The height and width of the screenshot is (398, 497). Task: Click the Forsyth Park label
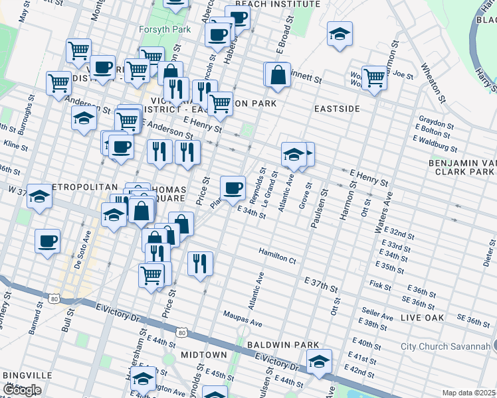click(165, 29)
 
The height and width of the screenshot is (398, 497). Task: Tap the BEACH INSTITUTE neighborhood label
click(278, 4)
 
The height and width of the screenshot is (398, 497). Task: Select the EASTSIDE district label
click(337, 108)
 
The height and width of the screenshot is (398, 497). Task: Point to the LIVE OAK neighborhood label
click(423, 318)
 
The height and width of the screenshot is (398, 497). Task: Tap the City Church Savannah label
click(446, 346)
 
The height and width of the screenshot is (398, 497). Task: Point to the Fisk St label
click(379, 285)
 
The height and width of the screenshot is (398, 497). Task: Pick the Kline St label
click(12, 143)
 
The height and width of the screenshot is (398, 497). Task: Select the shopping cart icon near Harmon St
click(374, 77)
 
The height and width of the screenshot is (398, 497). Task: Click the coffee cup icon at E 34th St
click(233, 188)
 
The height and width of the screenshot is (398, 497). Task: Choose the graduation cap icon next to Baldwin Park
click(320, 362)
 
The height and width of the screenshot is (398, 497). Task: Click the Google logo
click(21, 391)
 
